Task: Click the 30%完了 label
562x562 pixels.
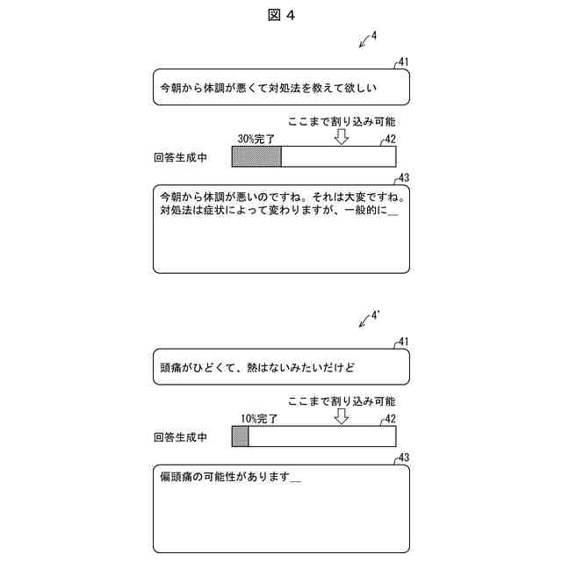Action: point(256,140)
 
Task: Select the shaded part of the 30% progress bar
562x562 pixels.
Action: point(256,157)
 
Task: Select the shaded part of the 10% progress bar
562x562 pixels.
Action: point(240,436)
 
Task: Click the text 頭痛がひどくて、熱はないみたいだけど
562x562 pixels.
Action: point(257,365)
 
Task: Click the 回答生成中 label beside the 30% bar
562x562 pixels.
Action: point(180,158)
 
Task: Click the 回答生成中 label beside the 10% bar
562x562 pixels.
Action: point(180,436)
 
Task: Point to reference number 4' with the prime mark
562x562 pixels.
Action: point(376,313)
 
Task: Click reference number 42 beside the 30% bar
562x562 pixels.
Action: point(390,139)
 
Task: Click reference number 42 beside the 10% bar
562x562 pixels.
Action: point(390,418)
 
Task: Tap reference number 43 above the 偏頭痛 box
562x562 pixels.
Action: point(404,457)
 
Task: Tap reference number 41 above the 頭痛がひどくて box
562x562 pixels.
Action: point(403,341)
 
